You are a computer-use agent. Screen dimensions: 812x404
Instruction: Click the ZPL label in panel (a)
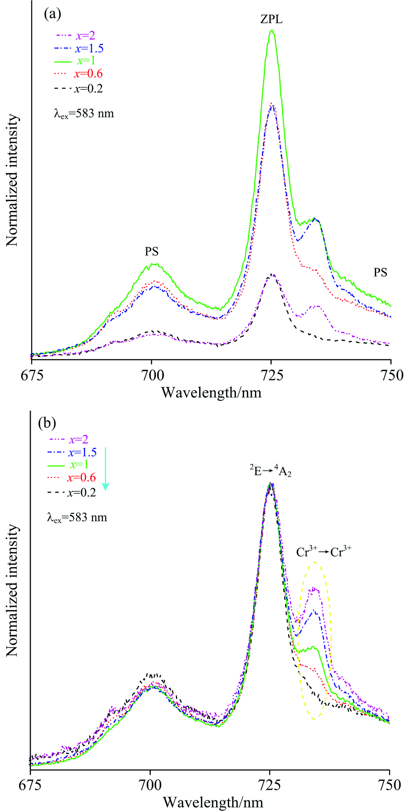tap(271, 19)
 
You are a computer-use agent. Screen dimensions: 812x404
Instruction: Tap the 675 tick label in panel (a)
tap(31, 376)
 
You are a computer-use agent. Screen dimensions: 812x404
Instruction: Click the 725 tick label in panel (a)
tap(271, 376)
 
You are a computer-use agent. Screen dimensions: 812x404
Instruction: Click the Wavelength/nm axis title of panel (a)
tap(211, 392)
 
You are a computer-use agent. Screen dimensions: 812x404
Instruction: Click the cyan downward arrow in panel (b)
tap(105, 468)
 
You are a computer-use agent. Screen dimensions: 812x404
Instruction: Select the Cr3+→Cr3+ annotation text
tap(324, 552)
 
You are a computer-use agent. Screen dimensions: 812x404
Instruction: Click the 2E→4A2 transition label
tap(269, 470)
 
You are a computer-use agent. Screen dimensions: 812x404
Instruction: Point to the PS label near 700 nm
tap(152, 252)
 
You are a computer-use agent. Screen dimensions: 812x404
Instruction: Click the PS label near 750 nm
tap(380, 273)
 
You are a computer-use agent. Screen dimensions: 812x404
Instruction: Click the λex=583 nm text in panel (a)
tap(84, 114)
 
